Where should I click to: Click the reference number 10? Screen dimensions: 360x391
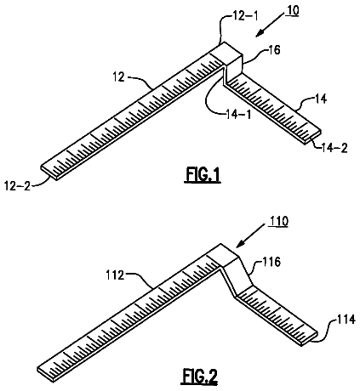(x=293, y=11)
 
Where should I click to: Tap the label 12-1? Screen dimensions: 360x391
(x=245, y=16)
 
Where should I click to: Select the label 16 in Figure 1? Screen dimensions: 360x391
(x=274, y=50)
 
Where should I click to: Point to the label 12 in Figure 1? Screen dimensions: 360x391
(x=119, y=76)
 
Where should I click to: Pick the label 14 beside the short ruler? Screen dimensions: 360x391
(x=321, y=99)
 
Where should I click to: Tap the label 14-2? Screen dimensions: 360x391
(x=334, y=148)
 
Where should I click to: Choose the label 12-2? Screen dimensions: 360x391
(x=18, y=186)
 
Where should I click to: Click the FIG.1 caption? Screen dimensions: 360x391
(x=203, y=175)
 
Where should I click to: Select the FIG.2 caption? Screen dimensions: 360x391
(x=200, y=377)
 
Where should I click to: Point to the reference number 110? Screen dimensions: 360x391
(x=278, y=221)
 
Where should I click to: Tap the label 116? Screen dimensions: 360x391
(x=271, y=262)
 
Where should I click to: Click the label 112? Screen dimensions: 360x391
(x=116, y=275)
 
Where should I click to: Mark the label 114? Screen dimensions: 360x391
(x=346, y=320)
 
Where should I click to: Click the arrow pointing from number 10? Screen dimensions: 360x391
(x=270, y=26)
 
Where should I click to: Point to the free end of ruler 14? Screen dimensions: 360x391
(x=313, y=137)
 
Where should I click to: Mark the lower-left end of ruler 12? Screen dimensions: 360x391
(x=49, y=172)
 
